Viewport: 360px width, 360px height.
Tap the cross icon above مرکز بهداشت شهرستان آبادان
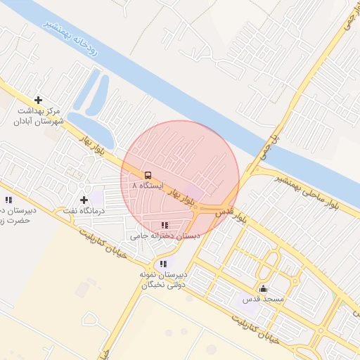point(38,101)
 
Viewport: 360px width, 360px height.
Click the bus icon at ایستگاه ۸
point(148,174)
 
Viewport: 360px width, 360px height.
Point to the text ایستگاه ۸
point(148,186)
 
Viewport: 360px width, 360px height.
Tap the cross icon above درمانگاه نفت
point(84,200)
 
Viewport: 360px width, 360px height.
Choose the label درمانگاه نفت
point(84,210)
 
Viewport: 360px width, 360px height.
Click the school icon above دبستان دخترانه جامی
point(165,225)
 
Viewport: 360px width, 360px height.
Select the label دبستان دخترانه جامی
point(167,236)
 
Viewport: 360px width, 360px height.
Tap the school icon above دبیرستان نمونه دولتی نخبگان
point(163,264)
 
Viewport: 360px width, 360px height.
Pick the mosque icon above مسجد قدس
point(264,288)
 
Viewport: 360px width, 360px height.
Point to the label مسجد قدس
point(262,300)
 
